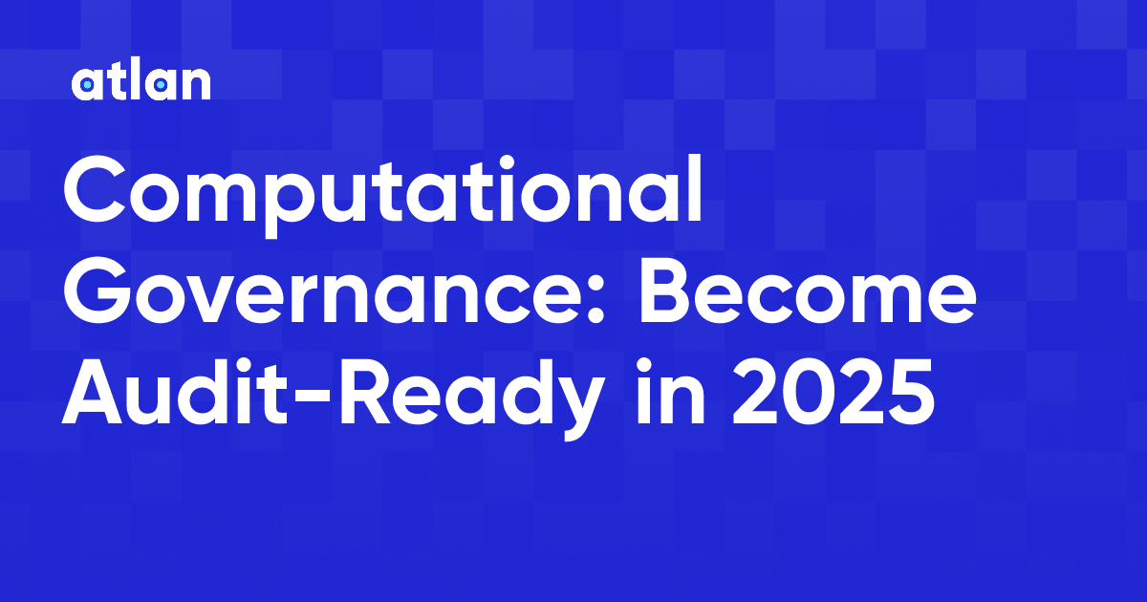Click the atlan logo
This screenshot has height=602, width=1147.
pos(141,83)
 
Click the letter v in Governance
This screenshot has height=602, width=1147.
pos(216,301)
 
